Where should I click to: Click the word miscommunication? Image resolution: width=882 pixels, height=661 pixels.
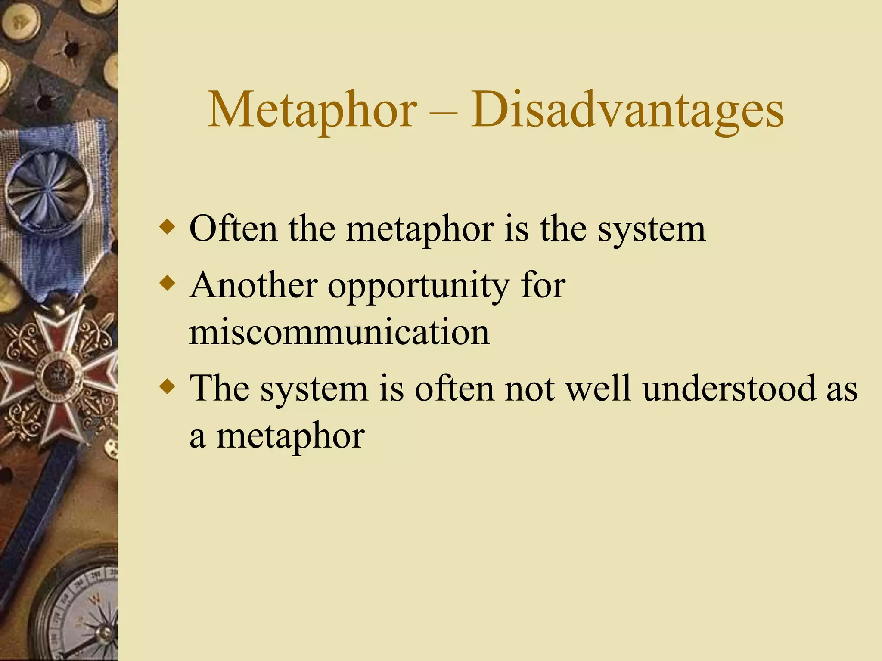click(339, 332)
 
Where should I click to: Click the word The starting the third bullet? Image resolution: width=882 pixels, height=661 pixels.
click(220, 388)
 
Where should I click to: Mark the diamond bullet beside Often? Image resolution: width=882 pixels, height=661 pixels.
click(167, 227)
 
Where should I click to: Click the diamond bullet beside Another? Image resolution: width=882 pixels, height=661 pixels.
click(167, 284)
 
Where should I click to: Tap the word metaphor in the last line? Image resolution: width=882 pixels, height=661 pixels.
click(290, 436)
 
